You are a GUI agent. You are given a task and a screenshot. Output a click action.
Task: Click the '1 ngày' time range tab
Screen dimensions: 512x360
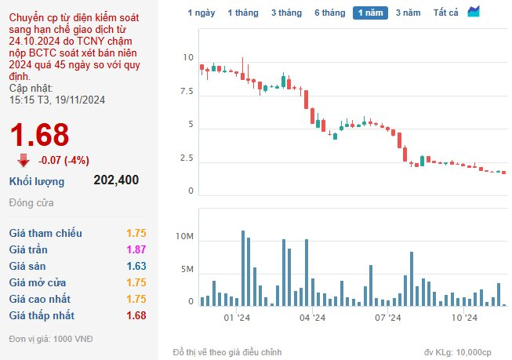click(202, 13)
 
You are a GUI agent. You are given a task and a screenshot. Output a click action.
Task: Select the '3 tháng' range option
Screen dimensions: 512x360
click(286, 13)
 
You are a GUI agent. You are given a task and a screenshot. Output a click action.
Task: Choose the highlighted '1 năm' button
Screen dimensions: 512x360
click(370, 13)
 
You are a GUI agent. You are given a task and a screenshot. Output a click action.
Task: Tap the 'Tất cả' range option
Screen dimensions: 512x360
click(445, 13)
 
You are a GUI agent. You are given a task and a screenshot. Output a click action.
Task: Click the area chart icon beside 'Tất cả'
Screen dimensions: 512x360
click(474, 12)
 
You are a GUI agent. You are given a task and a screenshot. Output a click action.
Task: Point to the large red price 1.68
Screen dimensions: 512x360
click(39, 135)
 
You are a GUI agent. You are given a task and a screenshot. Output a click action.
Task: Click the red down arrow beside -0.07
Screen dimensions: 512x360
click(24, 161)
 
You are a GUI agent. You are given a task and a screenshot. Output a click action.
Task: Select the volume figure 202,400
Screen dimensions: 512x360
click(116, 180)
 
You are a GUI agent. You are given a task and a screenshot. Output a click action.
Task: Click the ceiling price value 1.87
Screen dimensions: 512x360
click(136, 249)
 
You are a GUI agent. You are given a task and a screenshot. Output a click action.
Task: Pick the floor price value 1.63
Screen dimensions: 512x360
click(136, 266)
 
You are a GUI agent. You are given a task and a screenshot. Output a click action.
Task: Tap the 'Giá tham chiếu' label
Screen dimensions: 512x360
click(45, 233)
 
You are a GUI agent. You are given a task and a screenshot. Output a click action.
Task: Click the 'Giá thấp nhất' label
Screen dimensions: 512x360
click(42, 315)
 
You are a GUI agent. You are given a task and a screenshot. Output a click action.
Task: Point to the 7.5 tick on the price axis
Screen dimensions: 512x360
click(187, 92)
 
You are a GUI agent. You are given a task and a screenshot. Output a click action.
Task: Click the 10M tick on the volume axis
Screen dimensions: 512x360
click(184, 236)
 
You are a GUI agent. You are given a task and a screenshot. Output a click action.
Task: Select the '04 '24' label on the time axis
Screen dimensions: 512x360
click(313, 318)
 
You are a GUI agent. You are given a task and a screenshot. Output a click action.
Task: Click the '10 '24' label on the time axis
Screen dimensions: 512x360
click(464, 318)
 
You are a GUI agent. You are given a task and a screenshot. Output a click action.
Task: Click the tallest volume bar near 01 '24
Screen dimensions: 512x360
click(243, 268)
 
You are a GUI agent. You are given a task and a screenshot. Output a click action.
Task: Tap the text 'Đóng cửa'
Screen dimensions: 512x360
click(31, 203)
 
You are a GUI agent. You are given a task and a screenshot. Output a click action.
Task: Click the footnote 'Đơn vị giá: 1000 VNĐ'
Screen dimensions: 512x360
click(51, 339)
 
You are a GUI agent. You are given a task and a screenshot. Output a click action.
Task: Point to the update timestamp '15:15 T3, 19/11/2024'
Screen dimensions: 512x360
click(57, 100)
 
